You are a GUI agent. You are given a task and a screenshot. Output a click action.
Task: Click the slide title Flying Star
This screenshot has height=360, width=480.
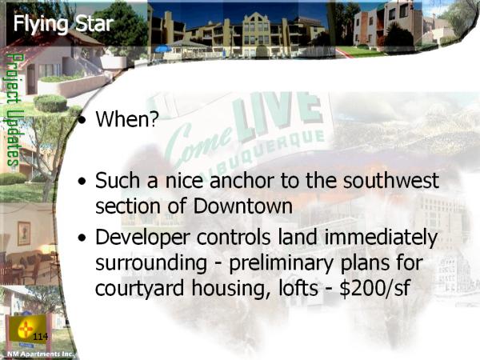(x=63, y=24)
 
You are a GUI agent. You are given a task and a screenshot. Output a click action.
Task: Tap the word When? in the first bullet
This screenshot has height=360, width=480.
(x=127, y=118)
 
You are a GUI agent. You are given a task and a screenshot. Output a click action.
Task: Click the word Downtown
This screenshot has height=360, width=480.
(x=242, y=206)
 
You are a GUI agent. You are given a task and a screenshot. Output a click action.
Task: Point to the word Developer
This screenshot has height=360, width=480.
(x=143, y=238)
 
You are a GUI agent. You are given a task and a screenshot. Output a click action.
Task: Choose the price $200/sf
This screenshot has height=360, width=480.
(x=375, y=288)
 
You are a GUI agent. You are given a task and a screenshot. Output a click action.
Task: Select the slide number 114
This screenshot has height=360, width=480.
(x=41, y=337)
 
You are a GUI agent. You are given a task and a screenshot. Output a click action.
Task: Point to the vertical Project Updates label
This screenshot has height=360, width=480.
(x=13, y=110)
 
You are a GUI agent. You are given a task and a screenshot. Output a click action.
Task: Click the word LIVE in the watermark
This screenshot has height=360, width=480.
(x=277, y=116)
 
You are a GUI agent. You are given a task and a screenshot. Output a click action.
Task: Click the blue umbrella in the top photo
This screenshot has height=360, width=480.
(x=163, y=48)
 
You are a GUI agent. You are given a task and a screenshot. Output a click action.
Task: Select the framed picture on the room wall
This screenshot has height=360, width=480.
(x=24, y=234)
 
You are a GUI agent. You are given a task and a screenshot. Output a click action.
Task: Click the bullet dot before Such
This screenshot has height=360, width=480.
(x=82, y=182)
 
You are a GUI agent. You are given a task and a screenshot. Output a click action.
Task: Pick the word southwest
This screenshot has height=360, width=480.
(x=391, y=180)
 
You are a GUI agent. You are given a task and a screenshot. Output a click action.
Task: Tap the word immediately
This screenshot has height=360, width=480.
(x=381, y=238)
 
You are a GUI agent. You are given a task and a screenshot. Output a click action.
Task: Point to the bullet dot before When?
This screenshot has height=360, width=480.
(x=82, y=120)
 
